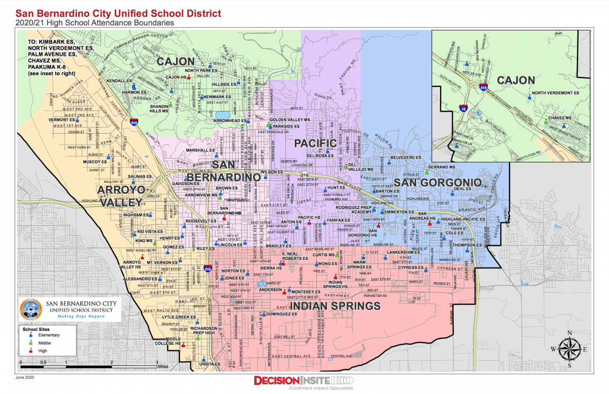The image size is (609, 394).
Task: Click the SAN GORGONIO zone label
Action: coord(437,183)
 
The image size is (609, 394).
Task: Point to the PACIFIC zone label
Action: coord(315,143)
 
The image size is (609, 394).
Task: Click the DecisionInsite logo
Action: coord(304,381)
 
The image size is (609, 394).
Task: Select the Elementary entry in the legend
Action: coord(48,335)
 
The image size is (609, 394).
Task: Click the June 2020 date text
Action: coord(26,378)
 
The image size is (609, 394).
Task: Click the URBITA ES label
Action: coord(210,364)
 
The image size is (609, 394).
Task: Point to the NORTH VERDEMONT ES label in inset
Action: coord(555,93)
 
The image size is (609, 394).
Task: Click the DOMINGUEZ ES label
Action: coord(281,314)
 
